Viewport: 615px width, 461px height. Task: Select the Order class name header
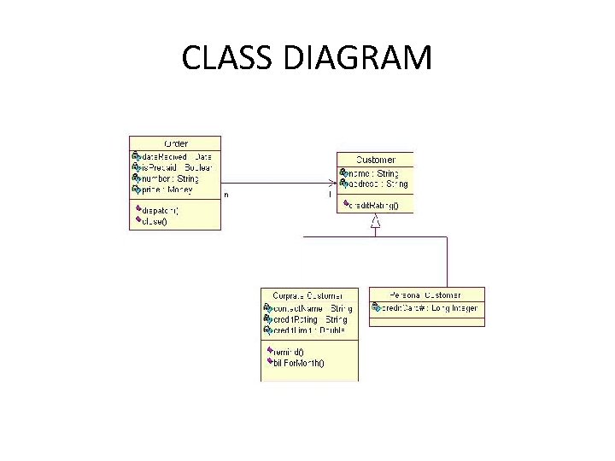(175, 143)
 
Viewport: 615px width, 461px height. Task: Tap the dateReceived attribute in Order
(175, 157)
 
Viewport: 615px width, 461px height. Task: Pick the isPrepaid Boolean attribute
(175, 168)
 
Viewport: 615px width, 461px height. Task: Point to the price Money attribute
(167, 190)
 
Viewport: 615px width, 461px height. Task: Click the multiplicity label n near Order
(226, 195)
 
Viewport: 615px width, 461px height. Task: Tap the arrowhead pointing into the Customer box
(332, 183)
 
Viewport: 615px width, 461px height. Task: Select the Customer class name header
(376, 160)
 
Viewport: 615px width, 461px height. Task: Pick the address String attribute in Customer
(377, 184)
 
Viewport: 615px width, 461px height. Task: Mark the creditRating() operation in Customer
(377, 205)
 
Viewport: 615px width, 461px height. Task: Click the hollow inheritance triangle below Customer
(375, 221)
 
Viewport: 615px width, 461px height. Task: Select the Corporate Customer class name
(308, 295)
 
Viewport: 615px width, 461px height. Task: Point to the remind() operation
(289, 351)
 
